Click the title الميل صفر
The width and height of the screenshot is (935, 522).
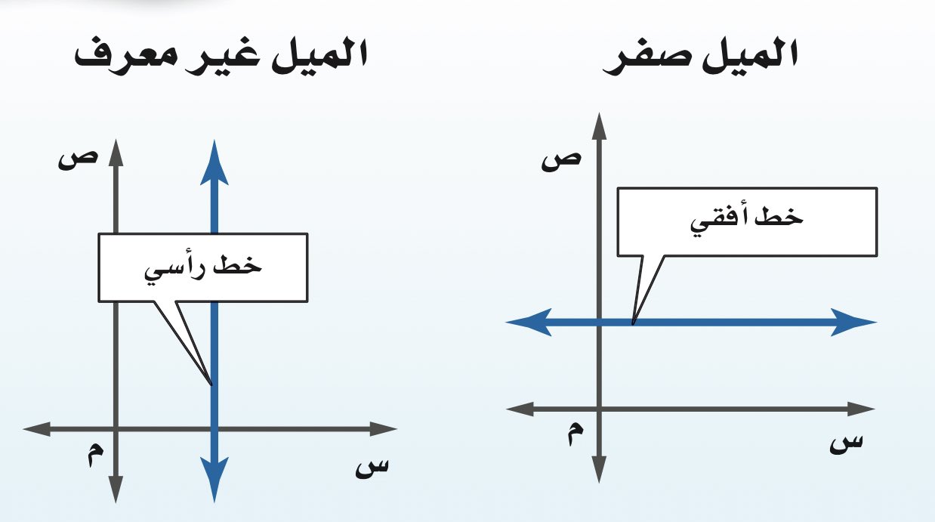[x=701, y=58]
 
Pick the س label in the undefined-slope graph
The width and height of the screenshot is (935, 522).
[x=372, y=467]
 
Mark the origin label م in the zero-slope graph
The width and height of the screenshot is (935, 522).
[x=576, y=436]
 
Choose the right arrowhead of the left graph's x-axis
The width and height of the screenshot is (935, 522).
[x=385, y=429]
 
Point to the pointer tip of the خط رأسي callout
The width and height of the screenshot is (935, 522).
[x=212, y=384]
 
